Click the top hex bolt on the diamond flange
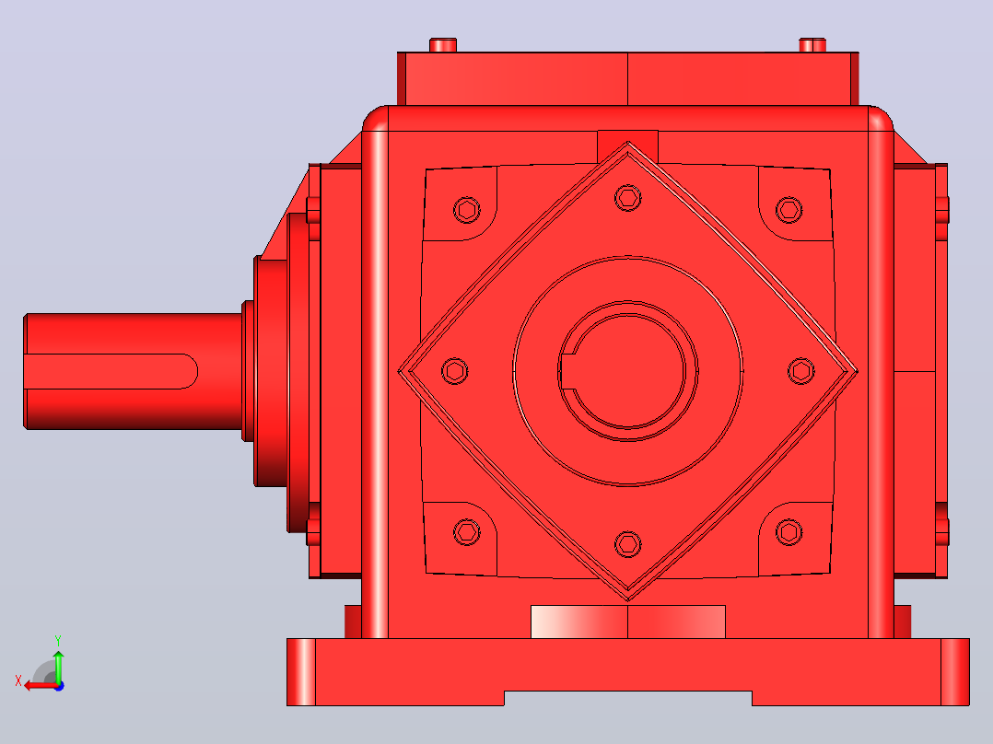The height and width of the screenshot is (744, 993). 627,198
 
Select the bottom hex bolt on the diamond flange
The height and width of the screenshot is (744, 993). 627,544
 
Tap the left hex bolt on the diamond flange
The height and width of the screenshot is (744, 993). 455,371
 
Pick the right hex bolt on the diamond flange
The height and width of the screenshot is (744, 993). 801,371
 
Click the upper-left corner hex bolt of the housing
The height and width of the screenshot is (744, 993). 467,210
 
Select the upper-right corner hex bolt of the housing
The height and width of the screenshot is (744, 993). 789,210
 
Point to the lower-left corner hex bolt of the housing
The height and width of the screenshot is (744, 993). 467,532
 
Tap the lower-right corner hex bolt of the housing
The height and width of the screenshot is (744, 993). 789,532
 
